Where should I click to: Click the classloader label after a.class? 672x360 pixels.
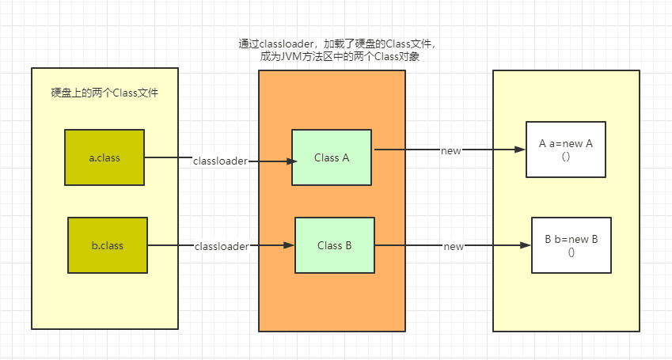pyautogui.click(x=220, y=161)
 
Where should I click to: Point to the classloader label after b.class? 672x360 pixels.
pyautogui.click(x=222, y=247)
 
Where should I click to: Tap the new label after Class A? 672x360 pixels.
pyautogui.click(x=451, y=150)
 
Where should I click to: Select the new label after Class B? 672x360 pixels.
pyautogui.click(x=454, y=247)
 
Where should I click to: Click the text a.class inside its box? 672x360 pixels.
pyautogui.click(x=104, y=157)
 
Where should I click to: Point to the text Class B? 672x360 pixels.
pyautogui.click(x=334, y=245)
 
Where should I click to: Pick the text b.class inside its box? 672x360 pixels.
pyautogui.click(x=108, y=245)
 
